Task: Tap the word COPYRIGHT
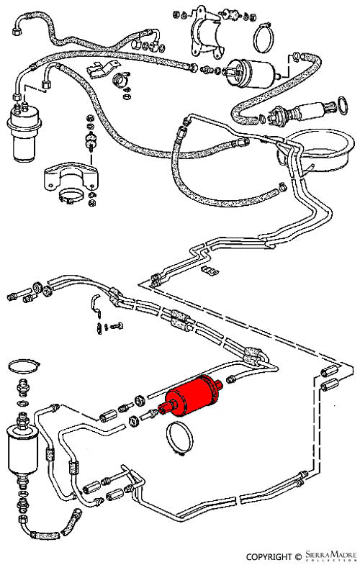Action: pyautogui.click(x=269, y=556)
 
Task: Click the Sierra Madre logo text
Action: pyautogui.click(x=330, y=555)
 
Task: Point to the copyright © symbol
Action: pyautogui.click(x=297, y=557)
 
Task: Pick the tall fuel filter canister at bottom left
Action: pyautogui.click(x=22, y=448)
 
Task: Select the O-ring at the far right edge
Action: pyautogui.click(x=338, y=104)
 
